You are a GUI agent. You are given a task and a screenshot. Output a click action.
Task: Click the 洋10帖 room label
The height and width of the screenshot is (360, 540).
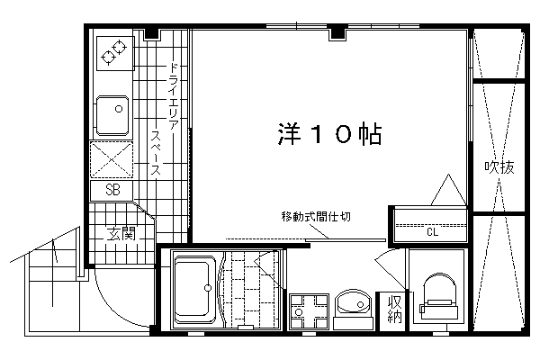coord(329,134)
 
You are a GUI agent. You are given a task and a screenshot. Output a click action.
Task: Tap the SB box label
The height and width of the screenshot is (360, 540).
coord(112,190)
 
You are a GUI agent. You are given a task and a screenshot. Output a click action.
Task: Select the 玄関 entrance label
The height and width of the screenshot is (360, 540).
coord(121,234)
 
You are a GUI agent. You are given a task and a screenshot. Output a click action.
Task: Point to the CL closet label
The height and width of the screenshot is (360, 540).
coord(433,232)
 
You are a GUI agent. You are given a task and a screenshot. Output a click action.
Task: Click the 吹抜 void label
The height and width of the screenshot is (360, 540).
coord(499,167)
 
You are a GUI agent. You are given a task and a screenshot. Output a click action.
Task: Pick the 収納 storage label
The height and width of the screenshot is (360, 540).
coord(395,309)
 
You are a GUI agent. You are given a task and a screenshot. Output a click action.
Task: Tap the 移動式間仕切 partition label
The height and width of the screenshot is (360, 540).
coord(316,217)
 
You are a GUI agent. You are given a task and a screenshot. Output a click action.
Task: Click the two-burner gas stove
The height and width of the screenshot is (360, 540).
coord(114,53)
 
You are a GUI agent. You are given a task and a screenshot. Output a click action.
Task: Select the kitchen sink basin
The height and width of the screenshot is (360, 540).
coord(112,116)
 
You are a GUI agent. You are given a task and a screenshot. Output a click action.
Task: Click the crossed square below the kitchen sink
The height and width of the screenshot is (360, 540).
coord(112,159)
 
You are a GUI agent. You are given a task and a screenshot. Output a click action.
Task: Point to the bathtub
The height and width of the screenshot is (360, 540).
coord(195,290)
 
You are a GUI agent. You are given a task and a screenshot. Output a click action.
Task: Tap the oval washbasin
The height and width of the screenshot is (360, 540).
coord(354,303)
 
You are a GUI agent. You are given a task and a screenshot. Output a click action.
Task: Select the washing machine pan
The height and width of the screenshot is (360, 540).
coord(309,311)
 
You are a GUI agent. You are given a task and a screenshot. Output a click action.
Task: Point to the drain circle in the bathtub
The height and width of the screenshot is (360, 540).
coord(208,288)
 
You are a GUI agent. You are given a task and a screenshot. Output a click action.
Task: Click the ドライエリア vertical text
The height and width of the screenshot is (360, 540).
coord(173,96)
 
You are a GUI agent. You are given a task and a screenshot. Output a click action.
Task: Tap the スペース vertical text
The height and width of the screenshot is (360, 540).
coord(156,153)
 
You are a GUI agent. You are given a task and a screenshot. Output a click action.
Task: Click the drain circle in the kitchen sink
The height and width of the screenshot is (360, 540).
coord(119,109)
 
